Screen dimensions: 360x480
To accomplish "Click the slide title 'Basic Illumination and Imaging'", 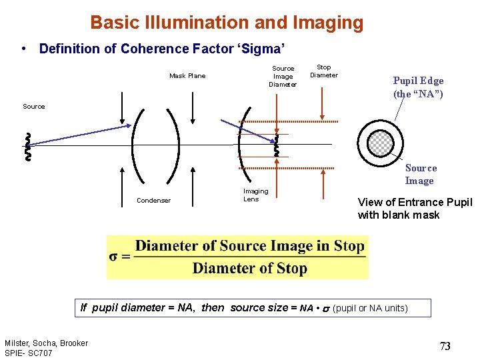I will click(227, 23).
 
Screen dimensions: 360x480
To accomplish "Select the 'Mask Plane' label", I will click(187, 76).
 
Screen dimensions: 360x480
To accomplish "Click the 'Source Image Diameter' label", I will click(283, 76).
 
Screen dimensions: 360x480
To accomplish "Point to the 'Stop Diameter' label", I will click(324, 71).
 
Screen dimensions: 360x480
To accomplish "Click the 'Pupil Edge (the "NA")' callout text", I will click(418, 87).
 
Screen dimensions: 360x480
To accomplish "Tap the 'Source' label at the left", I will click(34, 107).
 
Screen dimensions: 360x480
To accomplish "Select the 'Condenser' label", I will click(153, 201).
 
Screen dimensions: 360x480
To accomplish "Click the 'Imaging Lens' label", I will click(255, 195).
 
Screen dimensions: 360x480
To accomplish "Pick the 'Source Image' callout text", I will click(420, 175).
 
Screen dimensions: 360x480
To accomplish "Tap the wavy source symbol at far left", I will click(27, 147).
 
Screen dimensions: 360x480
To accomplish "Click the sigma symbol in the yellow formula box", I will click(115, 257).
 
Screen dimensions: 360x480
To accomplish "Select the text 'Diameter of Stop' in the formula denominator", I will click(250, 268).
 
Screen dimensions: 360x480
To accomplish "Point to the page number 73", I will click(445, 346).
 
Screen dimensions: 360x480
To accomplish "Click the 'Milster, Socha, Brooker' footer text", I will click(46, 343).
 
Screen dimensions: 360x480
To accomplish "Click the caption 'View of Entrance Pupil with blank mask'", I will click(415, 209).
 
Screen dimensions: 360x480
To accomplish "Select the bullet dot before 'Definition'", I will click(24, 49).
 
